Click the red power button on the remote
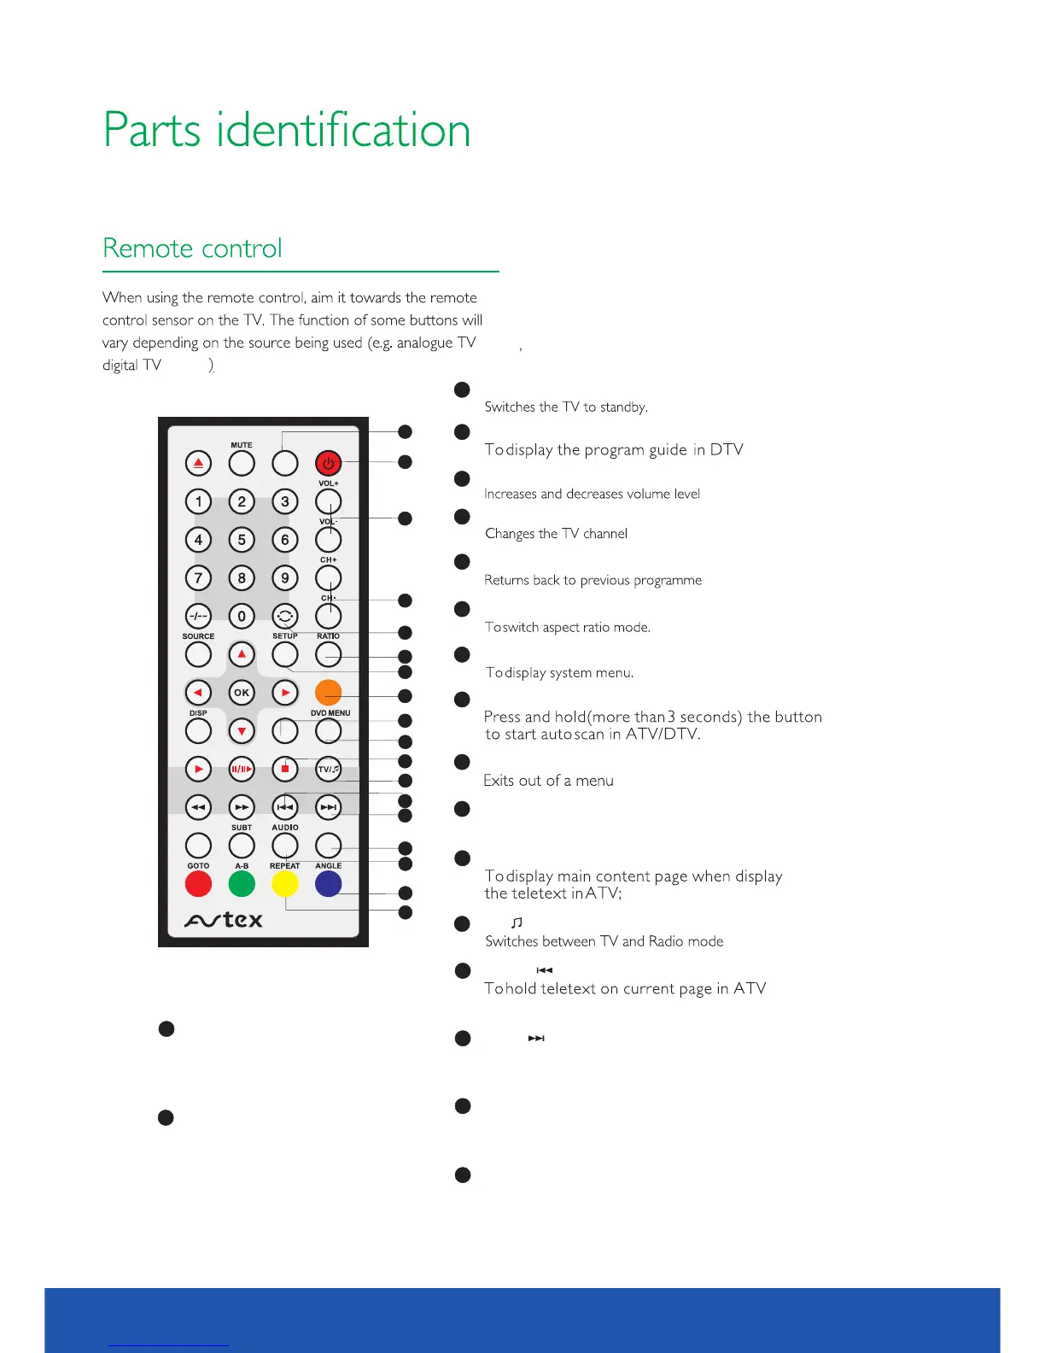(328, 464)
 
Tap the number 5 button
(242, 540)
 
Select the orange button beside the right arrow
(328, 692)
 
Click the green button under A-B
(242, 884)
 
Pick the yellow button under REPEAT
(285, 884)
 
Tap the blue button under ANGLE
(328, 884)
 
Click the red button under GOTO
(198, 884)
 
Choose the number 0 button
(242, 616)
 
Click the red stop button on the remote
(285, 769)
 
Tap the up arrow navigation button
(242, 655)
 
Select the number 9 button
(285, 578)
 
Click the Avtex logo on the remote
(224, 920)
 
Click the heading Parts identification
(287, 131)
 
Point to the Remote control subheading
(192, 249)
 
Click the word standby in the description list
(623, 407)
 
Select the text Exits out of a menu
(548, 781)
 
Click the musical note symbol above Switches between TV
(517, 922)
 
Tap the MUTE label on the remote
(242, 445)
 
